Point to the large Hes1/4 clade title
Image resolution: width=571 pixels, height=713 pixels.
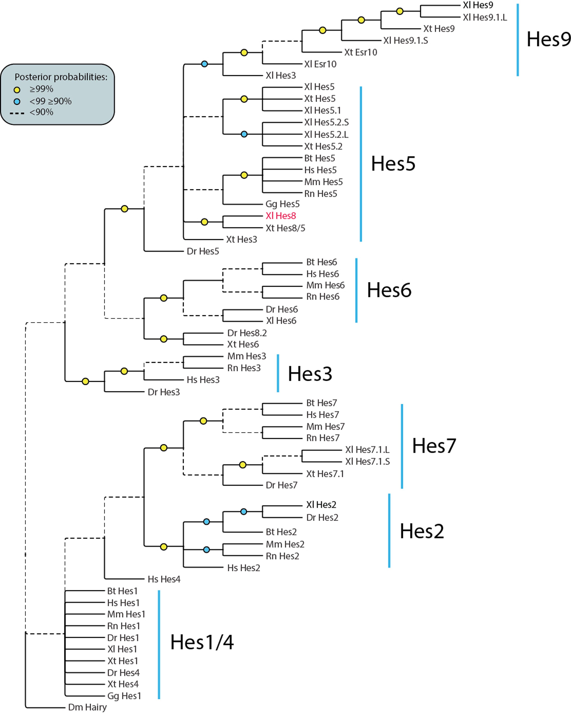point(202,642)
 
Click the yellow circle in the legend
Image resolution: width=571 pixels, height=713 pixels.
point(17,90)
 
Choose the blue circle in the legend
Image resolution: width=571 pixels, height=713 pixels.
point(17,102)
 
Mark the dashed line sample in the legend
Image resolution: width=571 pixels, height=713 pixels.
point(17,113)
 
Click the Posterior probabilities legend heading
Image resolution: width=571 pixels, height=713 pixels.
point(61,77)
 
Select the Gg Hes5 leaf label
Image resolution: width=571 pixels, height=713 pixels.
point(282,204)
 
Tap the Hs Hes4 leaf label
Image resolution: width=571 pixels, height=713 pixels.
point(164,579)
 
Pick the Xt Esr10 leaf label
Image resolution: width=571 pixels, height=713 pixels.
point(360,52)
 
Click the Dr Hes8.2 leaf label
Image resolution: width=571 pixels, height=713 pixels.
point(247,333)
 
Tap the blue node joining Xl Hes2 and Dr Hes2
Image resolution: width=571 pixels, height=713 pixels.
point(244,512)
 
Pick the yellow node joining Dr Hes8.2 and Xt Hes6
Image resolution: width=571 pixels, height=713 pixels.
point(163,339)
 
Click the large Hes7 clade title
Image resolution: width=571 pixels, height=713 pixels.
point(434,445)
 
